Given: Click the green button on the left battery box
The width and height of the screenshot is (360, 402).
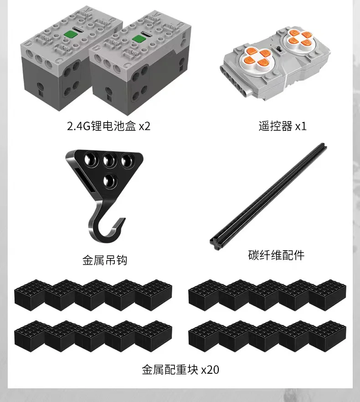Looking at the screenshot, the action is (x=69, y=34).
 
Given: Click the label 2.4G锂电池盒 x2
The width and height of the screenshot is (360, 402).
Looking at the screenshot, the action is (x=108, y=126).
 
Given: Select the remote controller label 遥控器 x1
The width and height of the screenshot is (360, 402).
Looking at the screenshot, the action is (x=283, y=126).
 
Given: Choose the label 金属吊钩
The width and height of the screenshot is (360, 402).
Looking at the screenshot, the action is (x=105, y=260).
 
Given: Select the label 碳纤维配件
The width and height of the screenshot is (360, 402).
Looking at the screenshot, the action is (x=276, y=255).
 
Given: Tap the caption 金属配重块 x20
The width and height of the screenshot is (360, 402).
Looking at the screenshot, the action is (x=180, y=370).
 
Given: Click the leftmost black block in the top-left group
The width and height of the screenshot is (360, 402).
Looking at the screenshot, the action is (x=30, y=295).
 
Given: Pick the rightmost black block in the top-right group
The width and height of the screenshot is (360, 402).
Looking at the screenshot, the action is (x=328, y=295).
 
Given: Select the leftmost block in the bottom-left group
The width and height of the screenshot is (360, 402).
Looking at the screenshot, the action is (x=30, y=336).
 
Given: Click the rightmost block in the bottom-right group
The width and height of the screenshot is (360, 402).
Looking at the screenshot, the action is (x=328, y=336).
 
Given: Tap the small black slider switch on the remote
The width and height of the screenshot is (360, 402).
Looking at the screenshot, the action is (x=279, y=50).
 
